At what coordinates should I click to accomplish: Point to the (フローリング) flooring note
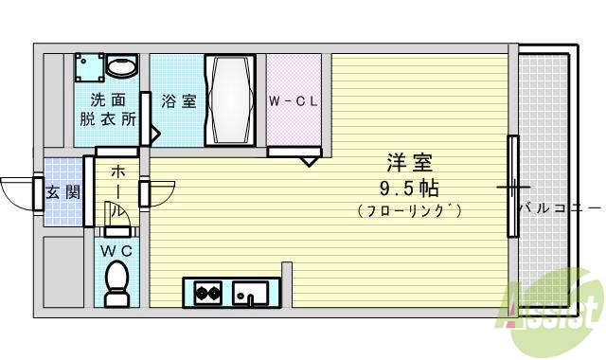(409, 210)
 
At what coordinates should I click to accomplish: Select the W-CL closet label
(293, 100)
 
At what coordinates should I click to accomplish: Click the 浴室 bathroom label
(178, 100)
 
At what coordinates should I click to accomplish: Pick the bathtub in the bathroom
(230, 99)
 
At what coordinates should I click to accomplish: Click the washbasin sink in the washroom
(121, 67)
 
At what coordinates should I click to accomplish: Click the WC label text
(117, 250)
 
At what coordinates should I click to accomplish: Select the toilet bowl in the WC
(117, 281)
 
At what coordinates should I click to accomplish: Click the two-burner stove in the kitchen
(208, 293)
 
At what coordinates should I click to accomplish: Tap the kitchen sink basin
(251, 293)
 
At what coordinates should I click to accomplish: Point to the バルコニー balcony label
(560, 207)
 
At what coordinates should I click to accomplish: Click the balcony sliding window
(512, 186)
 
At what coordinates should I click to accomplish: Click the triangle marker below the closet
(310, 161)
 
